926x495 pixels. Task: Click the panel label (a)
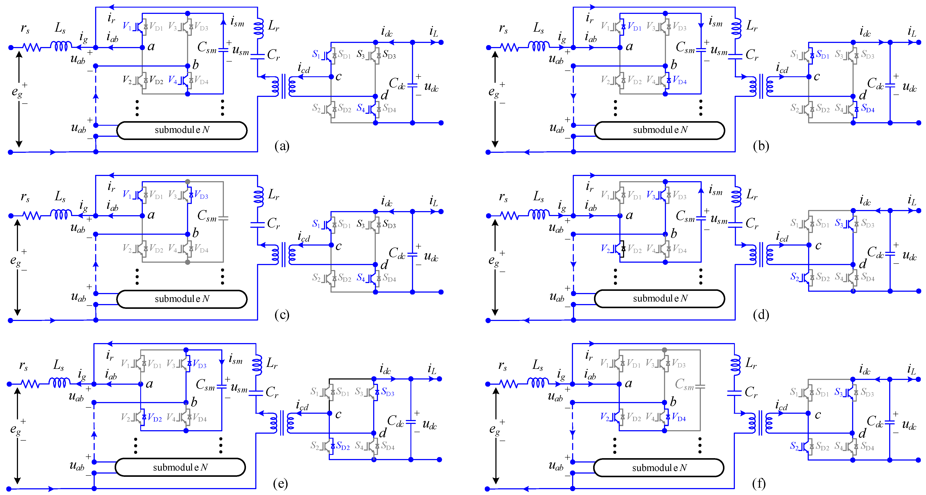click(x=282, y=146)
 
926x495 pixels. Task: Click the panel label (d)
click(x=761, y=315)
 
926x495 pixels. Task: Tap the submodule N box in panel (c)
click(x=182, y=299)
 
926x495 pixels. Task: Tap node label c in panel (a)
click(x=338, y=77)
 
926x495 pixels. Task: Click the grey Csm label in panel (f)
click(x=684, y=384)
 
